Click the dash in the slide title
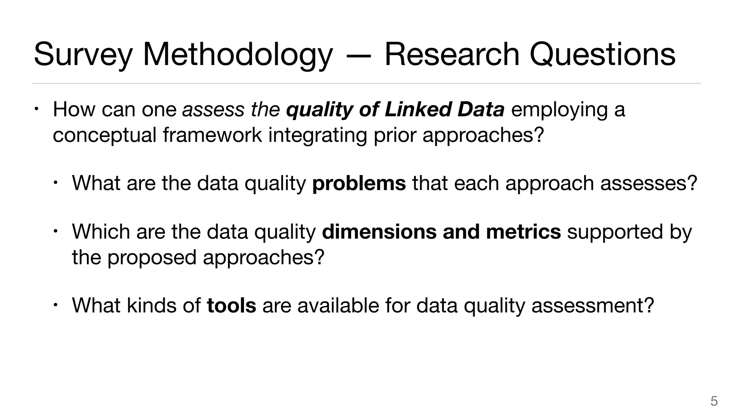359,56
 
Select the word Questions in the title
602,55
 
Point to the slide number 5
714,401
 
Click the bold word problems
359,183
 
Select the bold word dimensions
379,232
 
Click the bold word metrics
523,232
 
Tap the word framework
212,135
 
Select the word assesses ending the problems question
649,183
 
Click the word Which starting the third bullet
101,232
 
